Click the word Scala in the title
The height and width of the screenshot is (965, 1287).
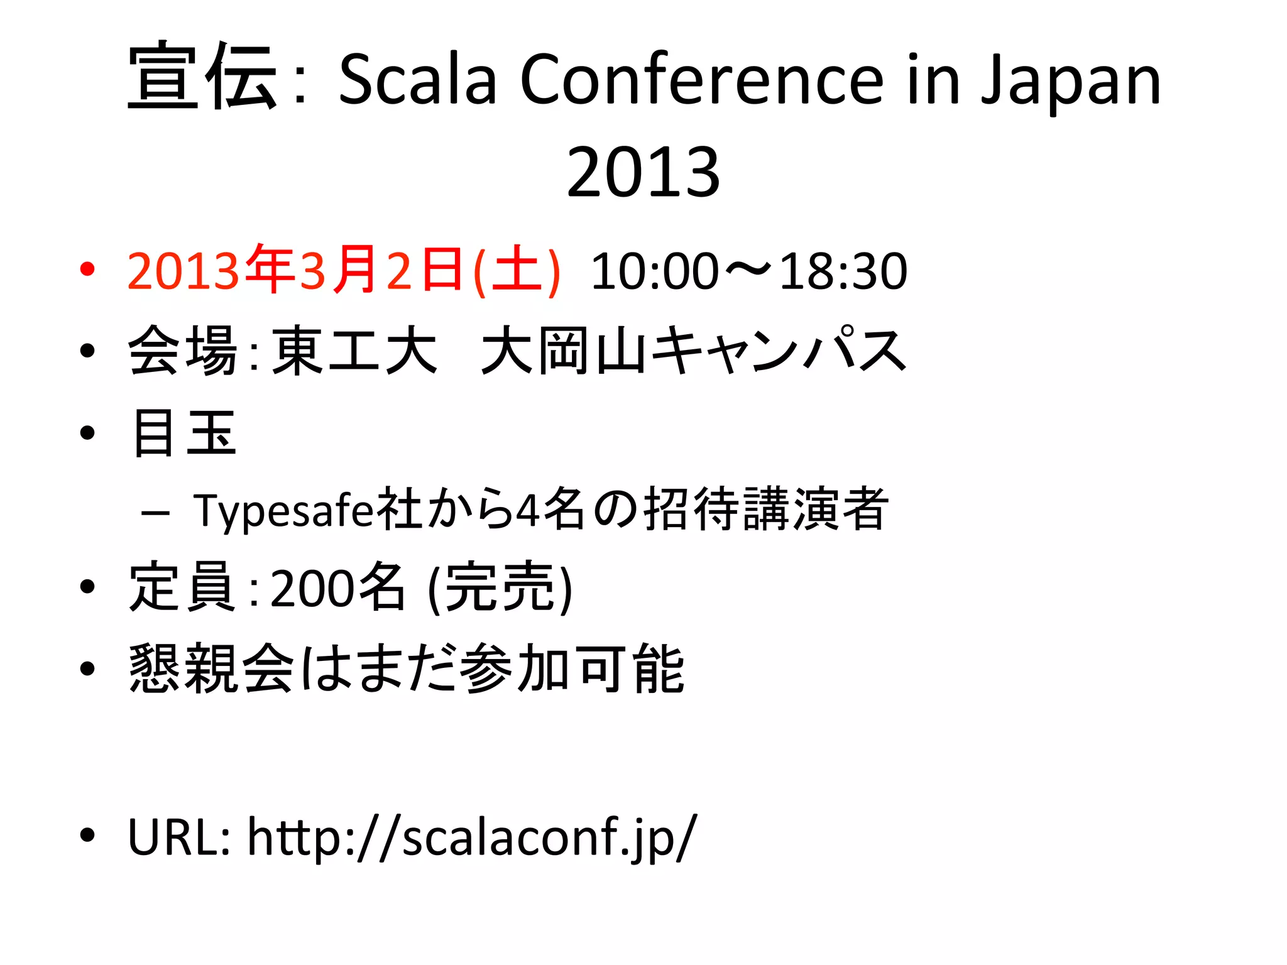[x=417, y=79]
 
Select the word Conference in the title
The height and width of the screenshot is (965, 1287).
[x=701, y=79]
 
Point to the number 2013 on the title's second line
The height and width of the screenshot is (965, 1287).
[x=643, y=172]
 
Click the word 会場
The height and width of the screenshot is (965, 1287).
[x=182, y=351]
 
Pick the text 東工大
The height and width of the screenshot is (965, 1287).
[x=355, y=351]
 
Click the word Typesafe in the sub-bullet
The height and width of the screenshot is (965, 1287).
[x=283, y=510]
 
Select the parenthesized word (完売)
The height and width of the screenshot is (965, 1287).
[x=500, y=588]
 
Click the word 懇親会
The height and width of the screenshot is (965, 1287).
[x=211, y=668]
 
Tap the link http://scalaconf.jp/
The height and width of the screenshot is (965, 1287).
[x=472, y=837]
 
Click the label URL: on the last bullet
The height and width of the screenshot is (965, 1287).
[x=178, y=837]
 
